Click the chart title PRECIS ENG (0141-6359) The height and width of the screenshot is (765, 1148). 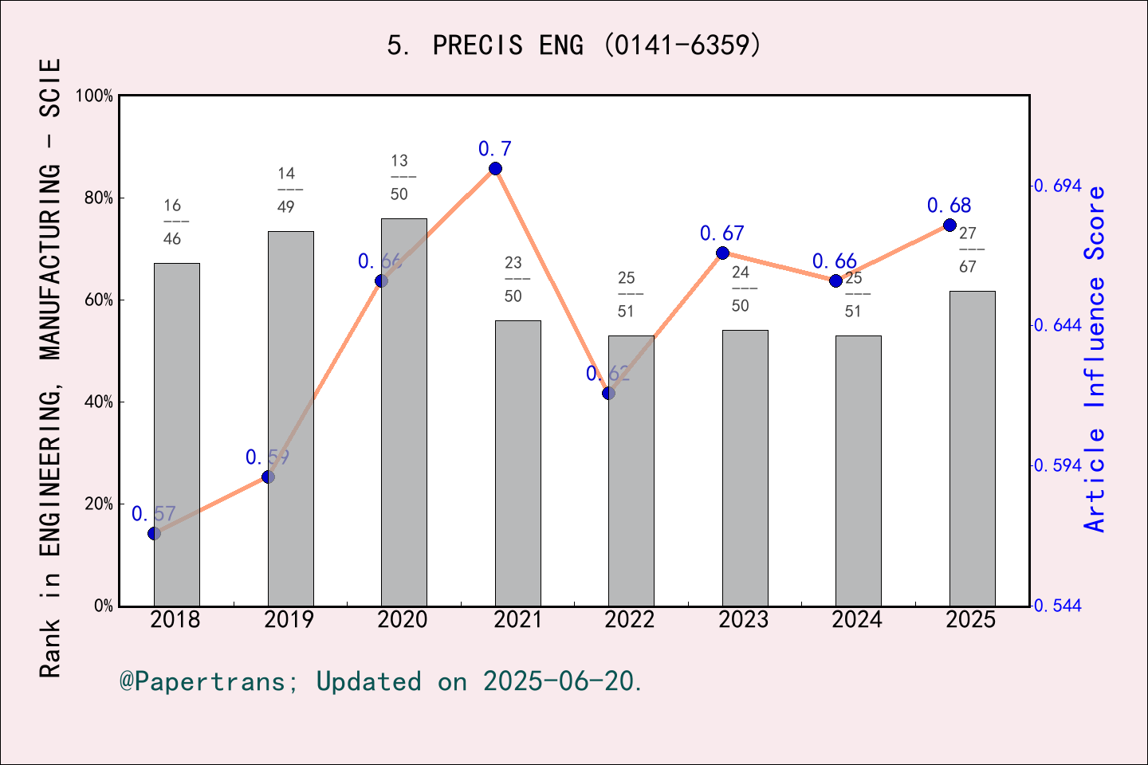click(x=574, y=45)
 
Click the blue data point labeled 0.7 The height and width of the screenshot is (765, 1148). click(x=495, y=168)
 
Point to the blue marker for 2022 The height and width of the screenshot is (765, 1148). click(x=608, y=393)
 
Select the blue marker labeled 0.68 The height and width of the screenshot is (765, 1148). click(x=949, y=225)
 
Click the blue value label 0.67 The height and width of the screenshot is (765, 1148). click(x=721, y=233)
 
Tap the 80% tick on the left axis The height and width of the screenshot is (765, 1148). click(x=99, y=198)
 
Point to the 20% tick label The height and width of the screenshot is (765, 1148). click(x=99, y=504)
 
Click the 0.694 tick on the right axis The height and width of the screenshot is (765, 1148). click(x=1058, y=186)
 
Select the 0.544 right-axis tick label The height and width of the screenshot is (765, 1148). click(x=1058, y=606)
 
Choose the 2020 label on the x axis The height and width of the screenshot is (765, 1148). click(x=403, y=620)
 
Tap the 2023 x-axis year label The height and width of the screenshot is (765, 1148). click(x=744, y=620)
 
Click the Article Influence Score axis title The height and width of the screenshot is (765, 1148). click(x=1095, y=359)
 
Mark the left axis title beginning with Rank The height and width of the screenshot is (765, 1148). click(x=49, y=367)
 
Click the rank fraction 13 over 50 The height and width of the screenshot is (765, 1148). click(x=399, y=178)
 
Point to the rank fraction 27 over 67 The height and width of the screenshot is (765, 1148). click(x=968, y=250)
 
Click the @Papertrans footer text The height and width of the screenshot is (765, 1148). click(x=381, y=681)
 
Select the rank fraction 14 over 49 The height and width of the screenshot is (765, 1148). click(x=286, y=190)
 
